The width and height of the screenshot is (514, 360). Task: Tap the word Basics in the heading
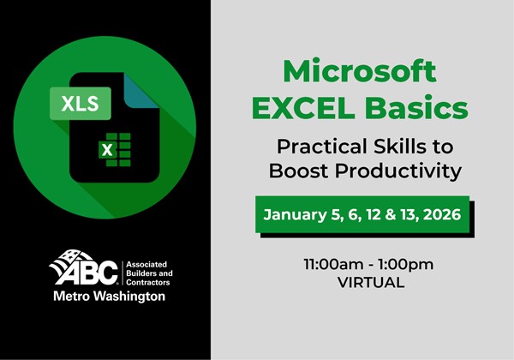coord(420,109)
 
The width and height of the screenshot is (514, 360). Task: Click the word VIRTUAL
coord(359,283)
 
